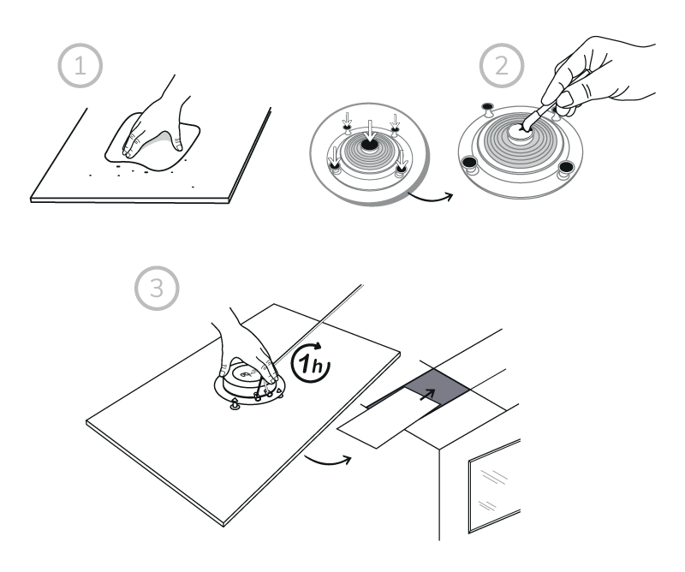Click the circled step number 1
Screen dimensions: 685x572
click(x=80, y=66)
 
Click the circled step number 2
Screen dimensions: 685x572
click(x=502, y=66)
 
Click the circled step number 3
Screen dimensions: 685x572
click(x=157, y=288)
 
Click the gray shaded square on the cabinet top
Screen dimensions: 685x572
click(x=437, y=388)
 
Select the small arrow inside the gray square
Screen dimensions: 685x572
click(x=427, y=394)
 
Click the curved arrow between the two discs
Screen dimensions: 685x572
click(x=431, y=198)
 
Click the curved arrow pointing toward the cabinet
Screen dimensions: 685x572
click(x=328, y=460)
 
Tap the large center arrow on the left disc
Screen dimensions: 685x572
click(x=370, y=131)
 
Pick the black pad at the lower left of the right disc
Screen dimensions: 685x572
click(x=469, y=163)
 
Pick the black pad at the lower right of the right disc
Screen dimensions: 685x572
click(x=566, y=167)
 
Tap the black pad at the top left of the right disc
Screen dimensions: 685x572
click(x=487, y=106)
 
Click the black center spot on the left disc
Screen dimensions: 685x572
click(x=370, y=145)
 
